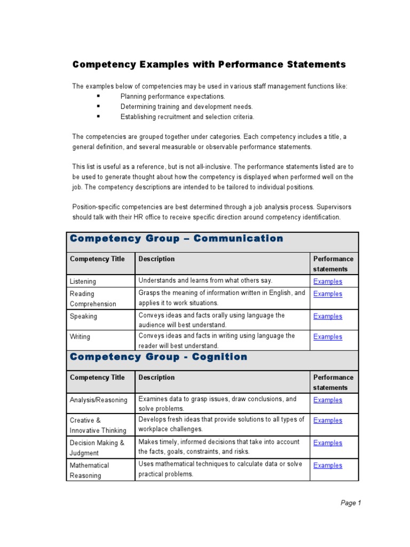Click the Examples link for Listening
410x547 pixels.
327,282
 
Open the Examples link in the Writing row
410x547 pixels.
327,337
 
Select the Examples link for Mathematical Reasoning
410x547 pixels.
327,466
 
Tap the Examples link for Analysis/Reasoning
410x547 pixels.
327,400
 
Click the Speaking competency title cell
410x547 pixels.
83,316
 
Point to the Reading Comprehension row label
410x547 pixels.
92,299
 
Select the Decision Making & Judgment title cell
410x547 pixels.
97,448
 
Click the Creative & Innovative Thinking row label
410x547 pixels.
98,425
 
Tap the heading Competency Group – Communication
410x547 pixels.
177,239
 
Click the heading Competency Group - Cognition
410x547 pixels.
159,357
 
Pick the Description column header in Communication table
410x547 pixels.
156,259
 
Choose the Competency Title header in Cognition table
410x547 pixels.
97,378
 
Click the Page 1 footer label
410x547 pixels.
351,503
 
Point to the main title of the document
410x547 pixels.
209,65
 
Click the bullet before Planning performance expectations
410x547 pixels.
99,97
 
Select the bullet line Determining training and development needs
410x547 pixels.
186,107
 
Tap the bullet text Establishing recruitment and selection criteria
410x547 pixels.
187,117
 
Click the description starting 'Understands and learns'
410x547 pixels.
205,280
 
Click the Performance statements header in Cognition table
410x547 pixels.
333,382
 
